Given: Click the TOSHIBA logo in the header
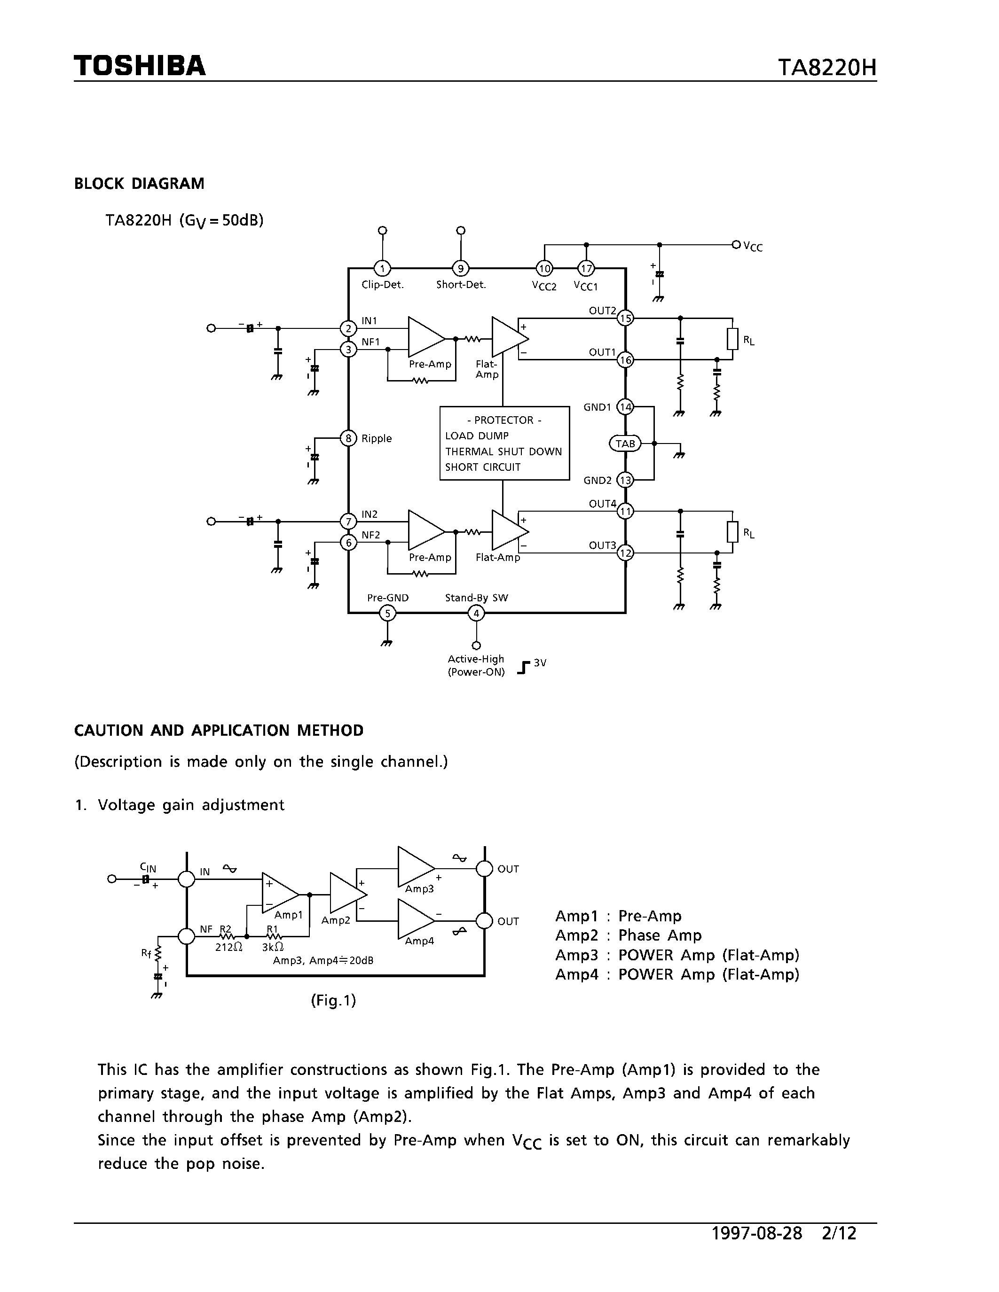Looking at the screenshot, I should click(140, 66).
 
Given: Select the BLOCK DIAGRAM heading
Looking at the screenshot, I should click(139, 183).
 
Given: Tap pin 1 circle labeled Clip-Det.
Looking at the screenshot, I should click(382, 269).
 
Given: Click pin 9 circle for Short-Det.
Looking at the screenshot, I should click(460, 269).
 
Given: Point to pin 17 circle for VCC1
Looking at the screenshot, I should click(586, 269).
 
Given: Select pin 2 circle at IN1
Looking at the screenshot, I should click(348, 328).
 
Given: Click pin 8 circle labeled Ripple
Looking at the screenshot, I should click(348, 438).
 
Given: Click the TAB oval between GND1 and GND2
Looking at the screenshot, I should click(625, 443).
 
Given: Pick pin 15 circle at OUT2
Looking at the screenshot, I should click(625, 318).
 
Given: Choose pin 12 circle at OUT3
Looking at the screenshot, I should click(625, 553).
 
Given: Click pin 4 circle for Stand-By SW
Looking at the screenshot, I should click(476, 614).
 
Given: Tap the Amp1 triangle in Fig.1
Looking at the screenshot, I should click(279, 893).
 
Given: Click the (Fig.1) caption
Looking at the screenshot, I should click(333, 1000).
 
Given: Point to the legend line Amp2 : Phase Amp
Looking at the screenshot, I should click(628, 935).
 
